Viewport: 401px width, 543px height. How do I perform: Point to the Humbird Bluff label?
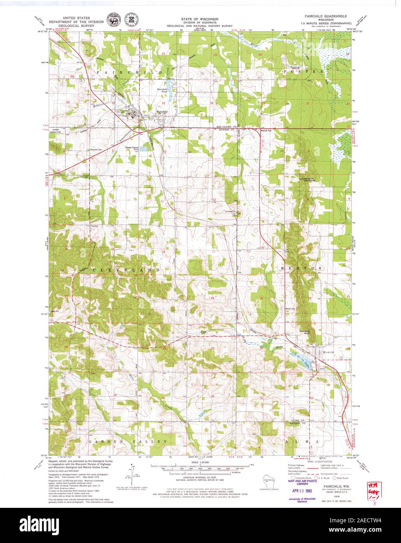tap(305, 332)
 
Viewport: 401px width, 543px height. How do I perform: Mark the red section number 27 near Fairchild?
tap(114, 54)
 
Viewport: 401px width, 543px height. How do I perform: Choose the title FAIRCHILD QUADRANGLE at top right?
tap(323, 17)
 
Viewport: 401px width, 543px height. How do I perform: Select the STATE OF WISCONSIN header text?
tap(199, 19)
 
